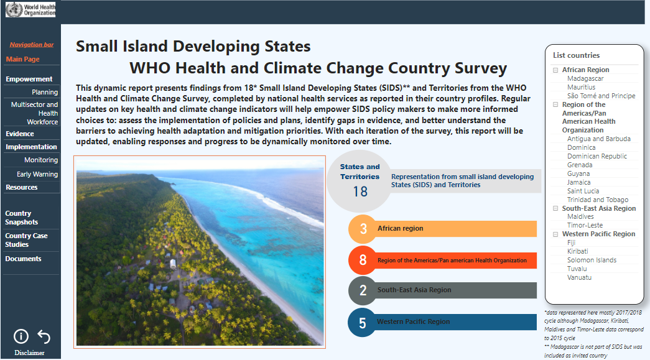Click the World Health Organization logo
point(30,9)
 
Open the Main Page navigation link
point(23,59)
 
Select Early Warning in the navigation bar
point(37,175)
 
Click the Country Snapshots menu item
point(22,218)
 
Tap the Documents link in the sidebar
point(23,259)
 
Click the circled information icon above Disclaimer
point(21,336)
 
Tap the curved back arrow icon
point(44,336)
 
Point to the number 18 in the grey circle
point(360,192)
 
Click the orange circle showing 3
point(363,229)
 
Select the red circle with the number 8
point(363,260)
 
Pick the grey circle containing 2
point(363,290)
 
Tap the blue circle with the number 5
point(362,323)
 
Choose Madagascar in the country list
point(585,79)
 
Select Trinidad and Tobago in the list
point(598,200)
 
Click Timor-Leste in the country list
point(585,225)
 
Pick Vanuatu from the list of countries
point(579,277)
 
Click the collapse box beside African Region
point(555,70)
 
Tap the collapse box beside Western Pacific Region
point(555,234)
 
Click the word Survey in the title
point(481,68)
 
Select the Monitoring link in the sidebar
point(41,160)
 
